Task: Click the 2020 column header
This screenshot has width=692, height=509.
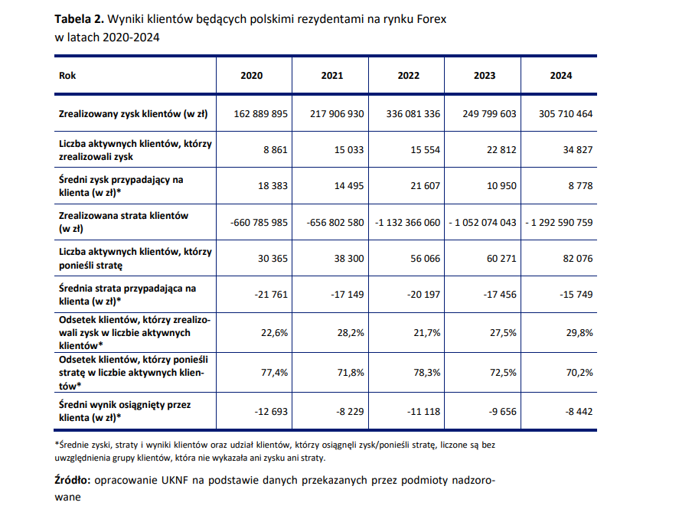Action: click(251, 76)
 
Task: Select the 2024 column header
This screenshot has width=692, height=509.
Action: click(560, 76)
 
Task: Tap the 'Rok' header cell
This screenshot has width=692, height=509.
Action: click(67, 76)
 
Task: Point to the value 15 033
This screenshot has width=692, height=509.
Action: click(350, 150)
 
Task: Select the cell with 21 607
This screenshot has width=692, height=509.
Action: click(426, 186)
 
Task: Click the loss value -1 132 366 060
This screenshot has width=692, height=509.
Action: click(408, 222)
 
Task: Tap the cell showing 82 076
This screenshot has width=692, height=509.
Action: click(578, 258)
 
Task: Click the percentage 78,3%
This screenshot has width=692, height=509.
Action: click(426, 374)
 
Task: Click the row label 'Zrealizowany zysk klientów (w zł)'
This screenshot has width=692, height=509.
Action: click(133, 114)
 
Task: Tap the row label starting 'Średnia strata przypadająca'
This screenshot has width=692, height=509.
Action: click(127, 288)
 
